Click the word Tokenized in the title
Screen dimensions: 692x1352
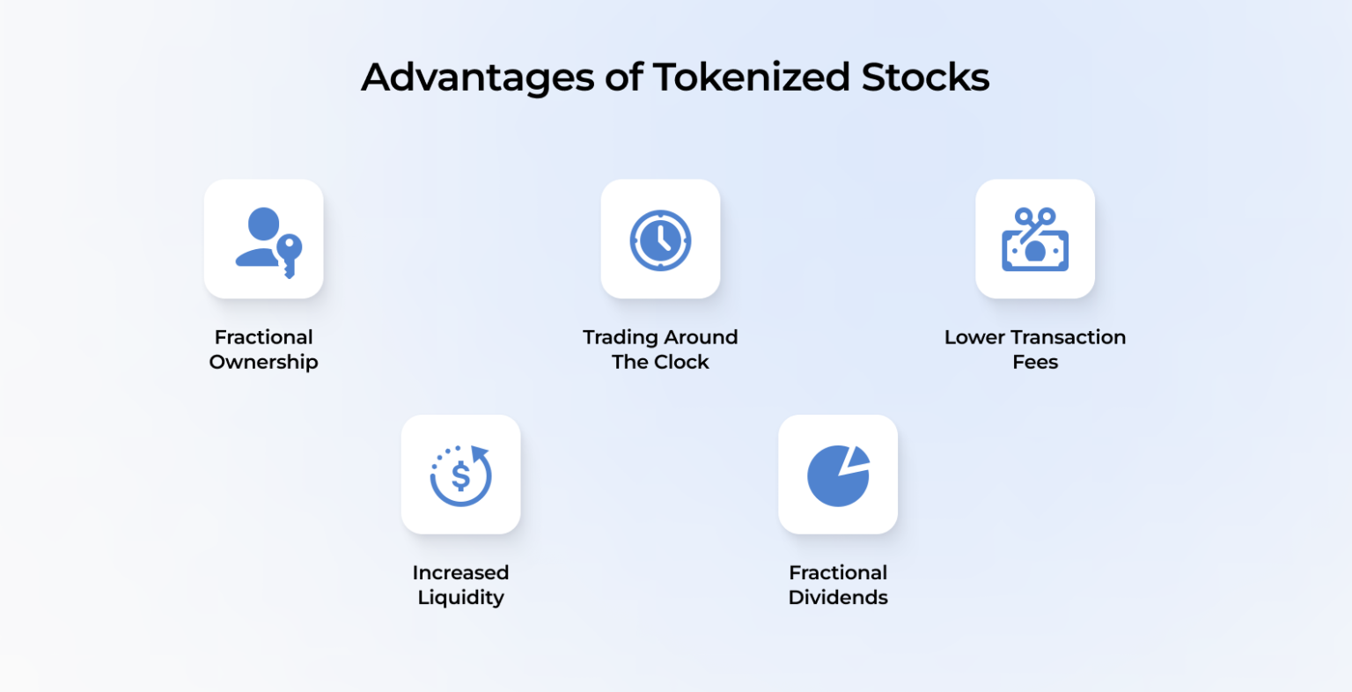[x=750, y=77]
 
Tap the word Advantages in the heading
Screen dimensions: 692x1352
[x=477, y=77]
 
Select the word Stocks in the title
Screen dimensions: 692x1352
[x=925, y=77]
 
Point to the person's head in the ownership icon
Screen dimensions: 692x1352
[x=263, y=224]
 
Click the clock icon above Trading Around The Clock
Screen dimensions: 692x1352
[x=660, y=239]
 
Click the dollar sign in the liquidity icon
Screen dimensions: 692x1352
[x=460, y=477]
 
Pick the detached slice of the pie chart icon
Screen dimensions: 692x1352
[x=856, y=458]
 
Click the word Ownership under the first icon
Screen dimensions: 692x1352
[x=263, y=362]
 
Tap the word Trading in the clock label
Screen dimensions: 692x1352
[x=620, y=337]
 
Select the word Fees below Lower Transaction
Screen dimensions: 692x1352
[x=1035, y=362]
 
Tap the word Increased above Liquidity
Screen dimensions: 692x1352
[x=460, y=572]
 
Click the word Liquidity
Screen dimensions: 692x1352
[x=460, y=597]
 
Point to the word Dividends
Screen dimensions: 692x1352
[x=838, y=597]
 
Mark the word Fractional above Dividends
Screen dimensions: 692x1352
[x=838, y=572]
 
